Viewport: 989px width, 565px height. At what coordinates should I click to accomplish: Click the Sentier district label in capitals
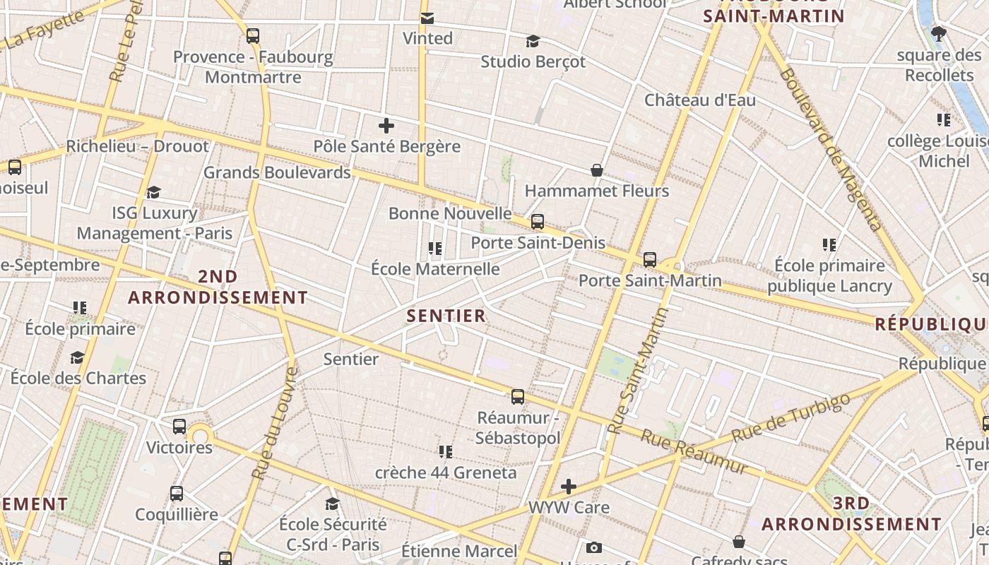(446, 316)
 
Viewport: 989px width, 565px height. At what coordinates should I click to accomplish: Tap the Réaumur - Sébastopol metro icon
(518, 397)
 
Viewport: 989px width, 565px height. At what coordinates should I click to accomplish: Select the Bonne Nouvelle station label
(450, 213)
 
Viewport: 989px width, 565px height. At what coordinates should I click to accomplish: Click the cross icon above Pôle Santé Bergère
(386, 126)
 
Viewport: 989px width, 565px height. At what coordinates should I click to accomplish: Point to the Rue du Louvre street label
(274, 424)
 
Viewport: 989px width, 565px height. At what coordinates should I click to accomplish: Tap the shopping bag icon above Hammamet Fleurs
(597, 170)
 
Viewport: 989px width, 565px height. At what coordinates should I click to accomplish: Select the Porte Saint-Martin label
(650, 280)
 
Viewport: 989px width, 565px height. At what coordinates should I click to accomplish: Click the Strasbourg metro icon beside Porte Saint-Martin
(650, 260)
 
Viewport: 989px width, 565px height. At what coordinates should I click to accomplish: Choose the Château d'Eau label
(699, 100)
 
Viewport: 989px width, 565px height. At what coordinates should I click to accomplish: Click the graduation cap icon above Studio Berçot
(533, 42)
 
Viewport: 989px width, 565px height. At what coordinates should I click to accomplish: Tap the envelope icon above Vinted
(427, 18)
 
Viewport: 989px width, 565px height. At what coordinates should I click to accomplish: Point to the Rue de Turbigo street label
(790, 417)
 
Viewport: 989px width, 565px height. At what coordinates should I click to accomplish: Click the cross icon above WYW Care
(569, 487)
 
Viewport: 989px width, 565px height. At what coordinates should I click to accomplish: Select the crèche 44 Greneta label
(446, 472)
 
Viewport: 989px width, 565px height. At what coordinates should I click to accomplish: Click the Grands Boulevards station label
(277, 172)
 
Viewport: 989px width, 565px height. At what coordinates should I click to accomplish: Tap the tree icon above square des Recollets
(939, 33)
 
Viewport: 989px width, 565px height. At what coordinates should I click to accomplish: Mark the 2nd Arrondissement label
(218, 287)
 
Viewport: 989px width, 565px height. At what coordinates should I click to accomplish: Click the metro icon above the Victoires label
(179, 427)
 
